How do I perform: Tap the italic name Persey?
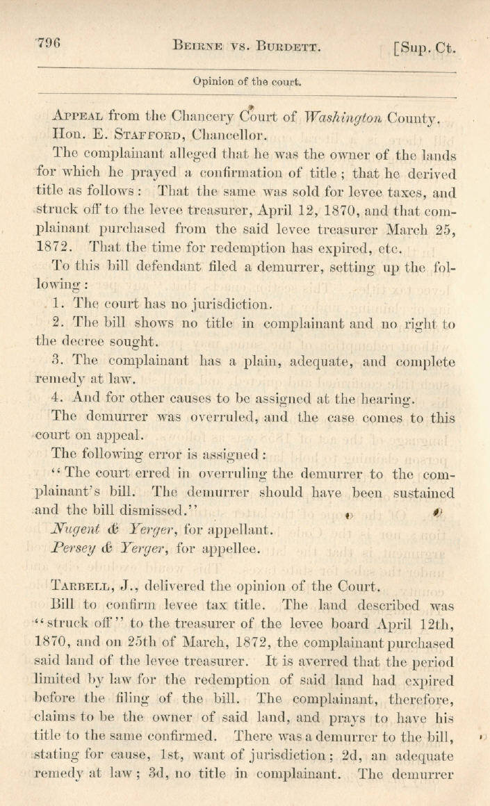point(76,548)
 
